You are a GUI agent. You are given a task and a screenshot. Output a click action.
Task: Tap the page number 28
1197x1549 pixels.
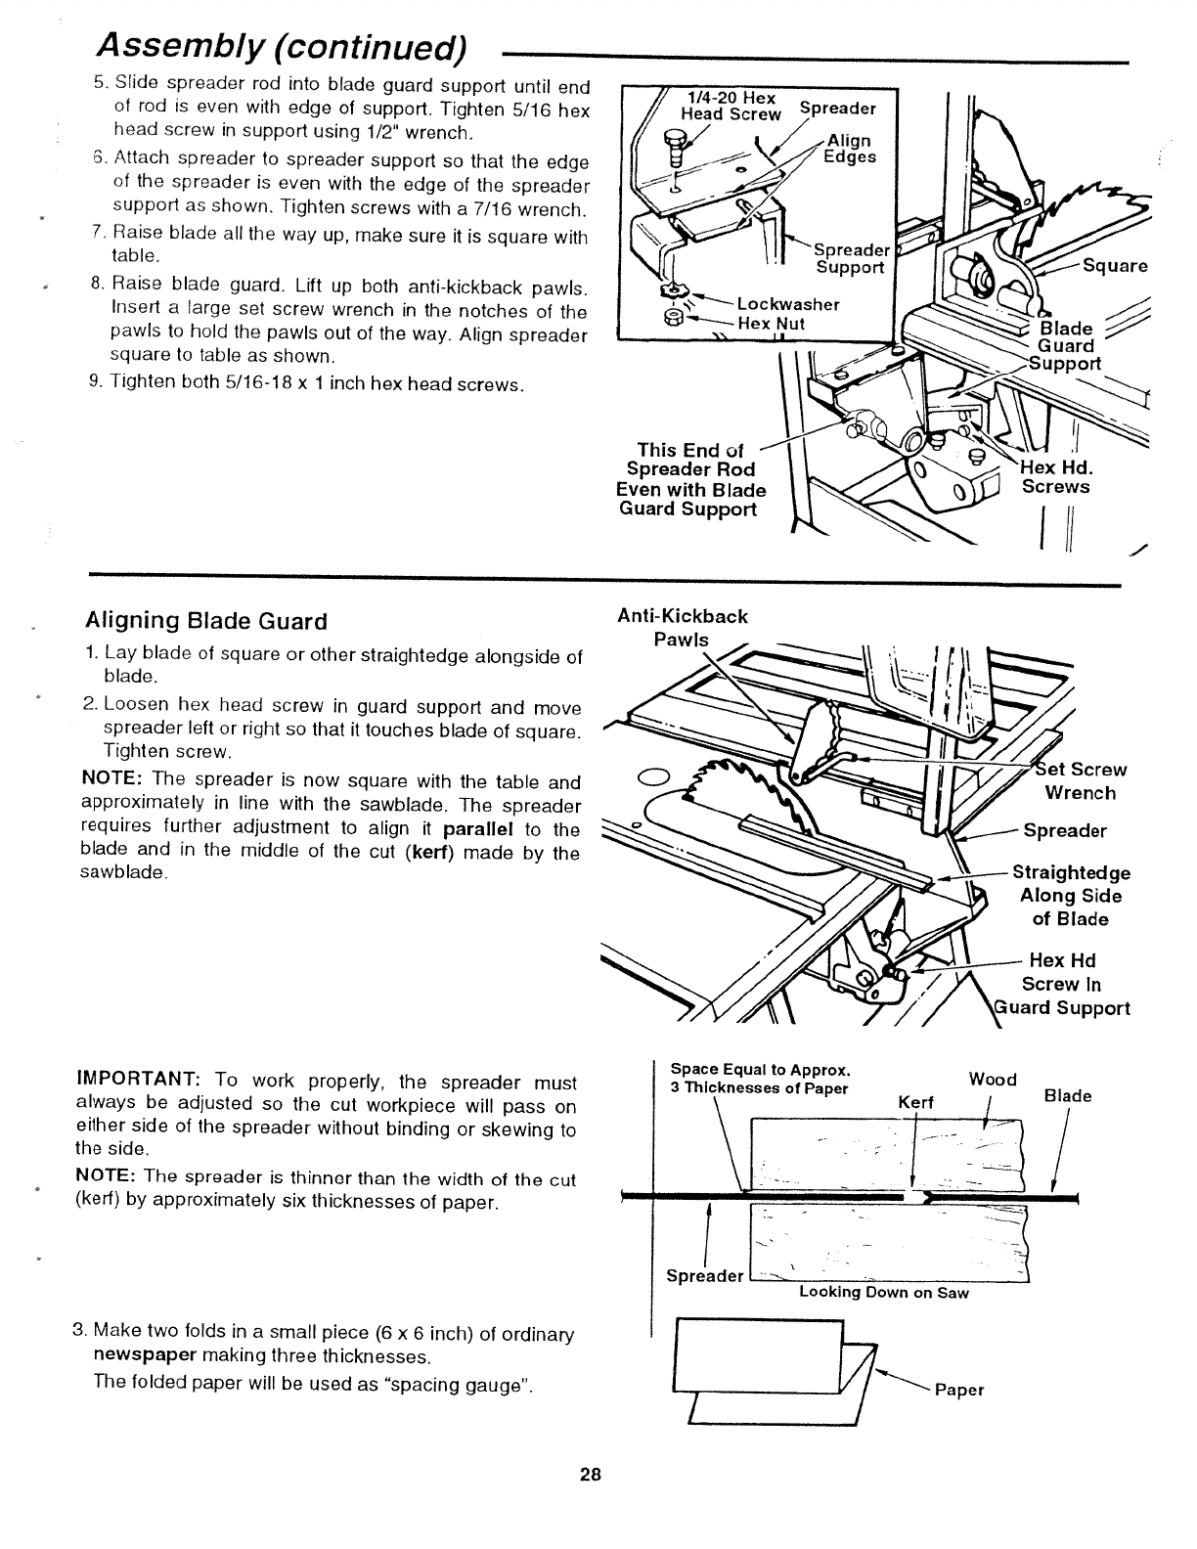pyautogui.click(x=590, y=1475)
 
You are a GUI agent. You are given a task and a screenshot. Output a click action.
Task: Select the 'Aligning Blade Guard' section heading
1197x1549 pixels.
pyautogui.click(x=205, y=622)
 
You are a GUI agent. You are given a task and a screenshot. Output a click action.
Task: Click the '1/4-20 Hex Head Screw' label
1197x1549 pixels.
pyautogui.click(x=731, y=107)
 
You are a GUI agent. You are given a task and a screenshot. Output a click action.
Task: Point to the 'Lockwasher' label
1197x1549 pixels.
pyautogui.click(x=788, y=304)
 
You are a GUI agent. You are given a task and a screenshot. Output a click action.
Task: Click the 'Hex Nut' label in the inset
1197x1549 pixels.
pyautogui.click(x=772, y=324)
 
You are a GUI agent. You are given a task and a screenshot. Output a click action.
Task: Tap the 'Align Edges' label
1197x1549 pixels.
pyautogui.click(x=849, y=149)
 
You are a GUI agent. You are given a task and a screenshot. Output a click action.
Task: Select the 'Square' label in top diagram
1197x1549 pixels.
pyautogui.click(x=1114, y=267)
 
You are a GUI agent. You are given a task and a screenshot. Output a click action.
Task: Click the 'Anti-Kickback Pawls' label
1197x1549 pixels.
pyautogui.click(x=683, y=628)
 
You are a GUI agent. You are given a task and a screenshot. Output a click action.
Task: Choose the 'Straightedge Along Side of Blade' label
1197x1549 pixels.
pyautogui.click(x=1071, y=896)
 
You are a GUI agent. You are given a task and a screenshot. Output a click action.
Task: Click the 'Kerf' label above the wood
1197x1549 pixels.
pyautogui.click(x=915, y=1103)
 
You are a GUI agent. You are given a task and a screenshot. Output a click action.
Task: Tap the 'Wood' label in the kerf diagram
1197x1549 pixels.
pyautogui.click(x=993, y=1080)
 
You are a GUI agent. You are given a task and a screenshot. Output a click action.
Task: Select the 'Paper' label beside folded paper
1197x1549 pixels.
pyautogui.click(x=959, y=1391)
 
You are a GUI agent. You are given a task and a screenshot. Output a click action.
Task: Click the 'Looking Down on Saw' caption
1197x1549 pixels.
pyautogui.click(x=883, y=1293)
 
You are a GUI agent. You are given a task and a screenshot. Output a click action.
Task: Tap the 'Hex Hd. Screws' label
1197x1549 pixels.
pyautogui.click(x=1055, y=477)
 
